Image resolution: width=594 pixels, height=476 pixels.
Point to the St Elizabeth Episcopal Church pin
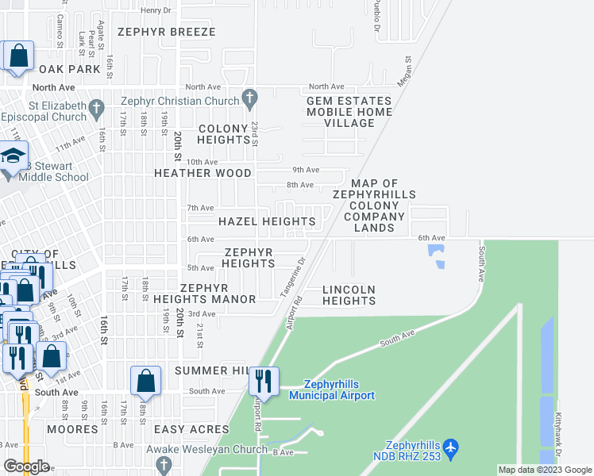click(x=96, y=106)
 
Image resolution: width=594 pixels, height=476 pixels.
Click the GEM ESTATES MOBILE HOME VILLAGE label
click(x=349, y=112)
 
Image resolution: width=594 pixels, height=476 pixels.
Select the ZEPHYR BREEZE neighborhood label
click(x=166, y=33)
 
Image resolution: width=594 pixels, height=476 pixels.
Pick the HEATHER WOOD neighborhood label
click(x=202, y=173)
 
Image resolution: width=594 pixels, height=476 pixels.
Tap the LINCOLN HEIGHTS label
click(x=349, y=295)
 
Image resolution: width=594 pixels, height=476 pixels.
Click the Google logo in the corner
click(x=26, y=466)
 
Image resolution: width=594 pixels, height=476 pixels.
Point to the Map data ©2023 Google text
click(x=545, y=470)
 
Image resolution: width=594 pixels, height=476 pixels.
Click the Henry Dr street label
click(x=155, y=10)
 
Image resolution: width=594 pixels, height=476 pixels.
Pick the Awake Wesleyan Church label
click(x=206, y=449)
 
